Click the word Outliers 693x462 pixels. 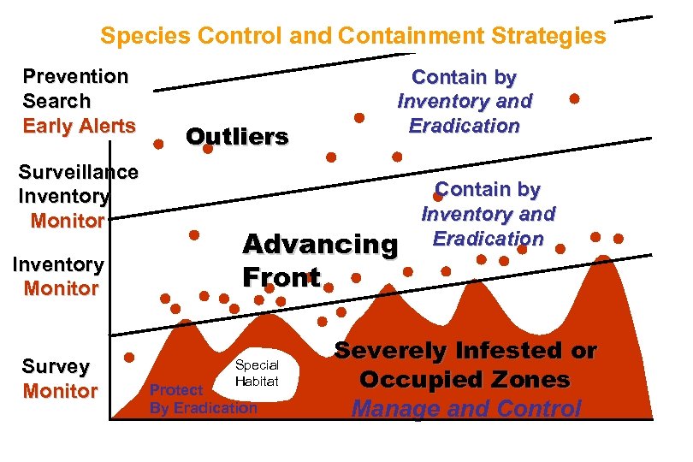tap(237, 137)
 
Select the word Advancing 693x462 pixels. tap(320, 245)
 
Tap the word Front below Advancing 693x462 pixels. tap(281, 277)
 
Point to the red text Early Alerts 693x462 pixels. tap(79, 126)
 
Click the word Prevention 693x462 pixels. tap(75, 76)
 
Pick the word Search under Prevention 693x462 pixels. tap(56, 101)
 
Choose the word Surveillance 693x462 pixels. tap(79, 172)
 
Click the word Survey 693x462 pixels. tap(56, 367)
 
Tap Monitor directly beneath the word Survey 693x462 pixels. tap(60, 392)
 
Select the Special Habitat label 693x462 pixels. tap(257, 374)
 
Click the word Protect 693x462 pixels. tap(176, 390)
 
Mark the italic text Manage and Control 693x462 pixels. tap(466, 409)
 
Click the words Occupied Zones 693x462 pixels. tap(465, 380)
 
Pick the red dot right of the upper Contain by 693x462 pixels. tap(575, 98)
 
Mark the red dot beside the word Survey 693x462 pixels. tap(129, 358)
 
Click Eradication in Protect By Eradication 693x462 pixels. tap(215, 408)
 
